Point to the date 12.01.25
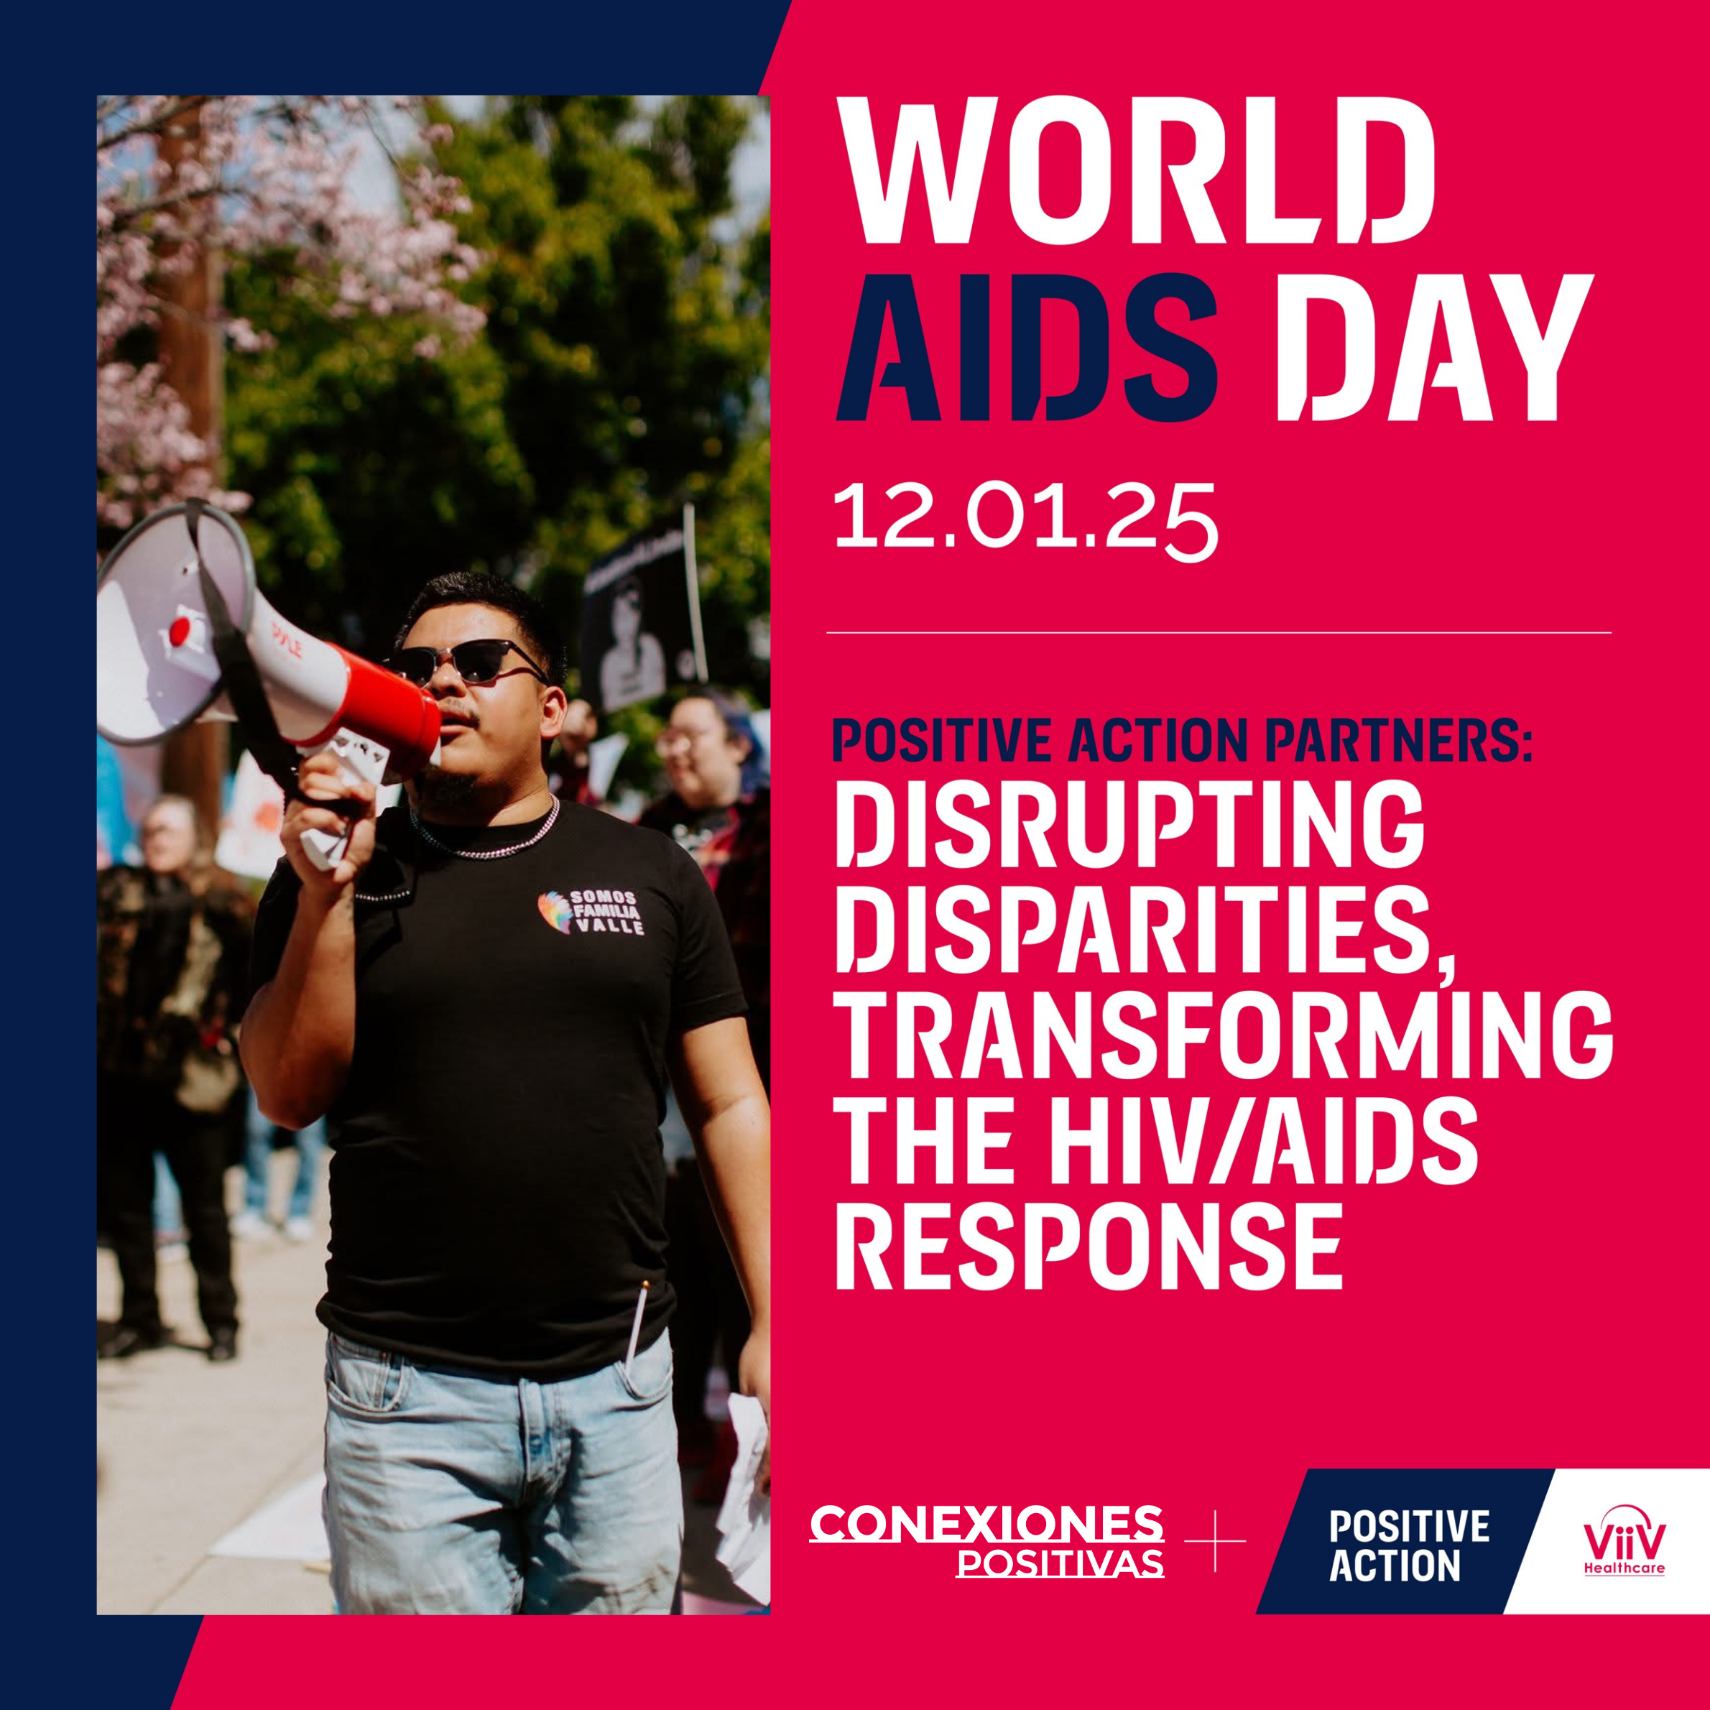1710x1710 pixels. point(1026,522)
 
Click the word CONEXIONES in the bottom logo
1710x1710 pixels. point(986,1523)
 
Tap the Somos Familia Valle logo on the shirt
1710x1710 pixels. point(591,912)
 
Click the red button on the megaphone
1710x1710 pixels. point(180,630)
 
